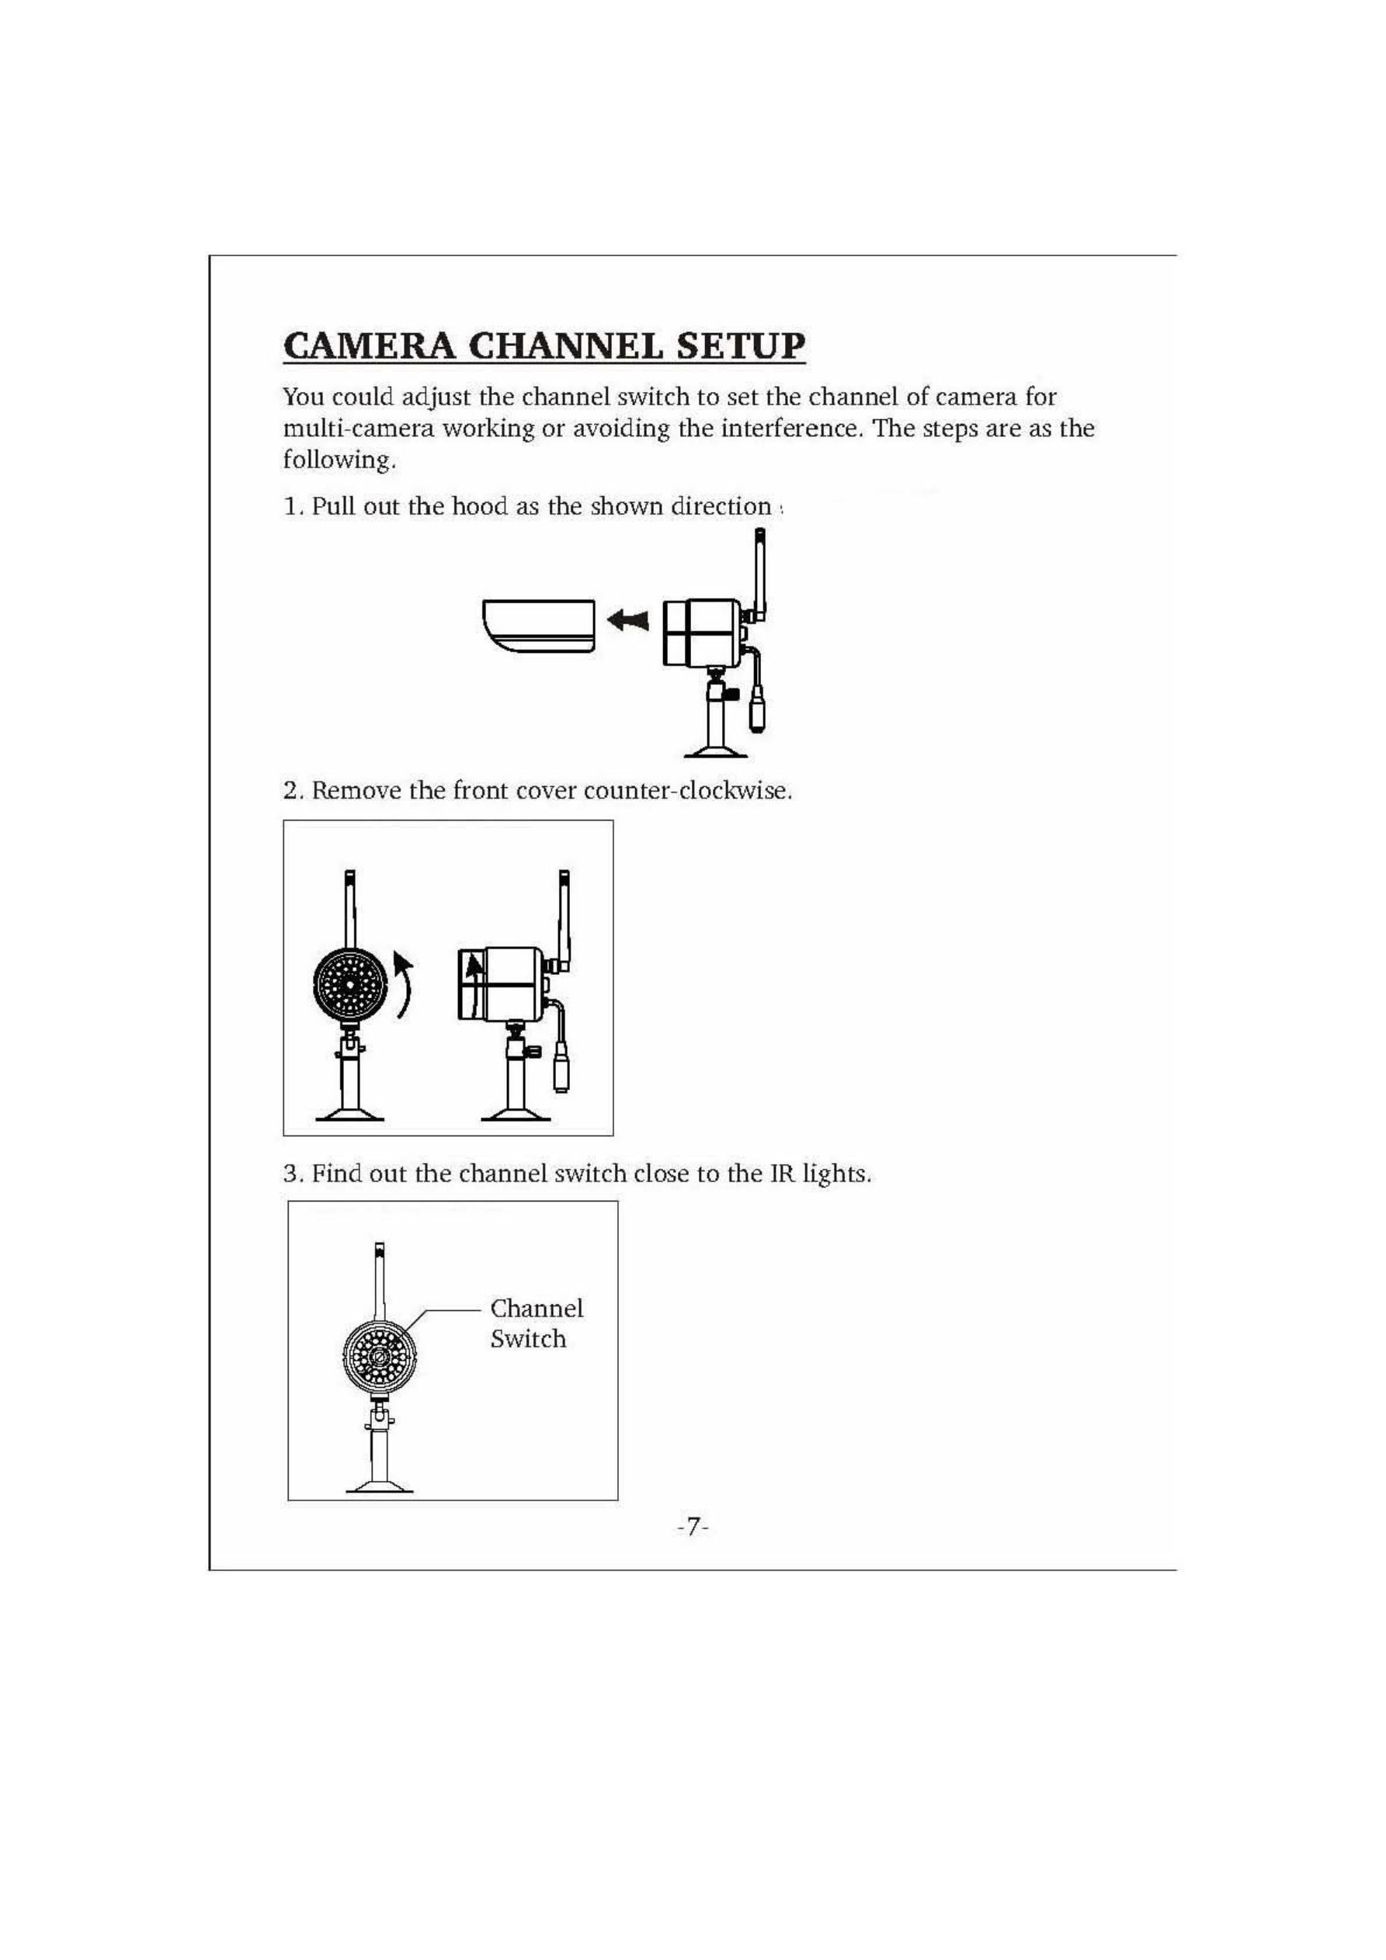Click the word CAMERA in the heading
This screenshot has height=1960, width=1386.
[369, 345]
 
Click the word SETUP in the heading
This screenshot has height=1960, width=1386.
[741, 345]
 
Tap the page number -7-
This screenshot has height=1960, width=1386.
[693, 1525]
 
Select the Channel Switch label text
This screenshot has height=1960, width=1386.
[536, 1323]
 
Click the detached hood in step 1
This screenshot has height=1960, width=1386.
[538, 626]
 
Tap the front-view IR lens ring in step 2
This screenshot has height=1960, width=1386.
[349, 984]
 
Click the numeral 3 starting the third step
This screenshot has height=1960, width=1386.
[292, 1174]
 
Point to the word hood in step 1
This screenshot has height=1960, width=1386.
[479, 506]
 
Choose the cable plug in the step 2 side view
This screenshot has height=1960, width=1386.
[561, 1071]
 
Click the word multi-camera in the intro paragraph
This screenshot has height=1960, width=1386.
[359, 428]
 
